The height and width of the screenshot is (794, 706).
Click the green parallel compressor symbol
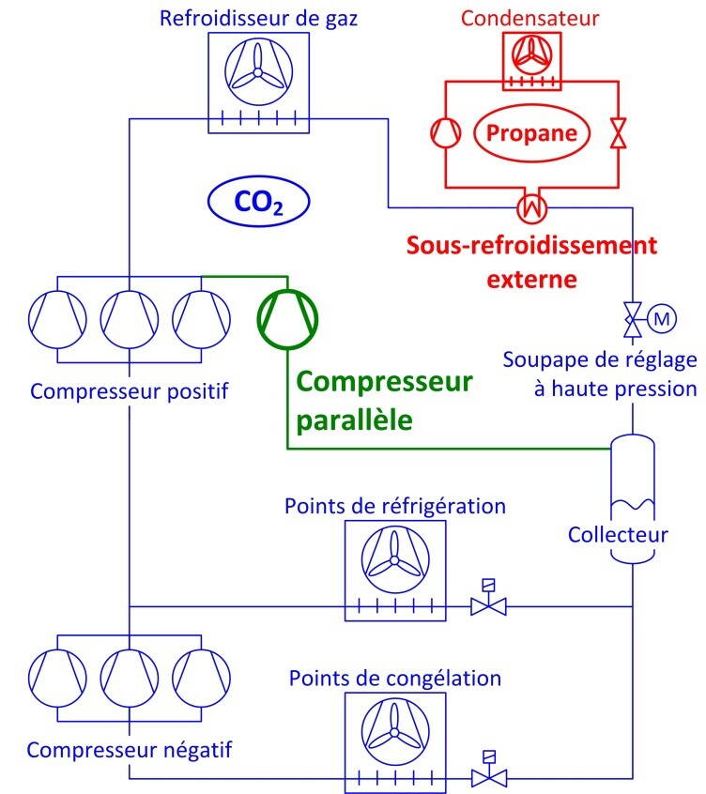click(287, 321)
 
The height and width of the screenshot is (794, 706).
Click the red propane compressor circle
click(443, 132)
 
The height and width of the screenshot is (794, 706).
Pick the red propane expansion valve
click(617, 132)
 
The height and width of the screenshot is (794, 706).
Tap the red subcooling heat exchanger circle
click(532, 204)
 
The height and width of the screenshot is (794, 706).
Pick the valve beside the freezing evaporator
click(488, 775)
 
